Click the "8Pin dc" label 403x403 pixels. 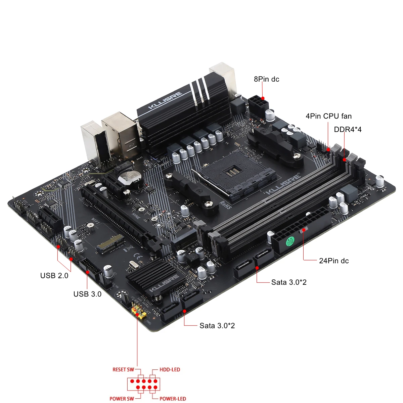tap(266, 79)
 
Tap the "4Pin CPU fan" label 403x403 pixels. tap(328, 116)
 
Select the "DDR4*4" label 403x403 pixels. tap(348, 129)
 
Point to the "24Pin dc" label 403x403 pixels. tap(334, 261)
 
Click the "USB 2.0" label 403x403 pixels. tap(54, 275)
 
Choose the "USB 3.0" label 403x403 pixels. tap(87, 294)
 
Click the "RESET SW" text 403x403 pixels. tap(123, 369)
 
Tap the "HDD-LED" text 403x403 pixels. tap(170, 369)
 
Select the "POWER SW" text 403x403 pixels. tap(122, 399)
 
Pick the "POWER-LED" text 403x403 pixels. tap(173, 399)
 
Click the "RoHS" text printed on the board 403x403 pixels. tap(225, 204)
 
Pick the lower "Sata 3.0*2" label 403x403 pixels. tap(217, 325)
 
